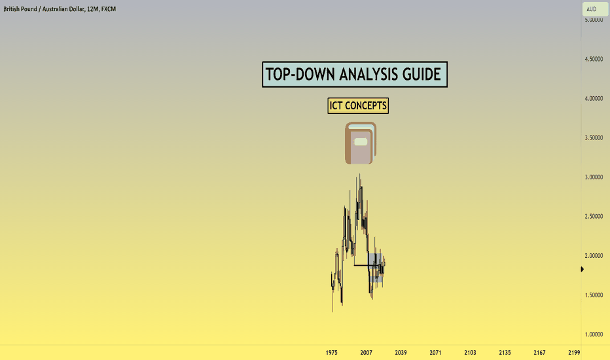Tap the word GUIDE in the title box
tap(422, 74)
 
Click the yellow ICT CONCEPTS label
tap(358, 105)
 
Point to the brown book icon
tap(360, 143)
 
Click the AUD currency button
tap(595, 9)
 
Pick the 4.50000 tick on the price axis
tap(594, 59)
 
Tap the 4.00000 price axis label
tap(594, 98)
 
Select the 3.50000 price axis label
tap(594, 137)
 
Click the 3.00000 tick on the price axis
tap(594, 177)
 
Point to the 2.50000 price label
tap(594, 217)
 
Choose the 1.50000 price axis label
tap(594, 295)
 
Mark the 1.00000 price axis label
tap(594, 334)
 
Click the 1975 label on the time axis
tap(331, 353)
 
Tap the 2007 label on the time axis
tap(366, 353)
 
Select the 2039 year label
tap(401, 353)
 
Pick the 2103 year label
tap(470, 353)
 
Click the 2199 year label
tap(574, 353)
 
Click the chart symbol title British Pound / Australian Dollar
tap(44, 9)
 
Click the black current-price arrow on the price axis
tap(583, 269)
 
